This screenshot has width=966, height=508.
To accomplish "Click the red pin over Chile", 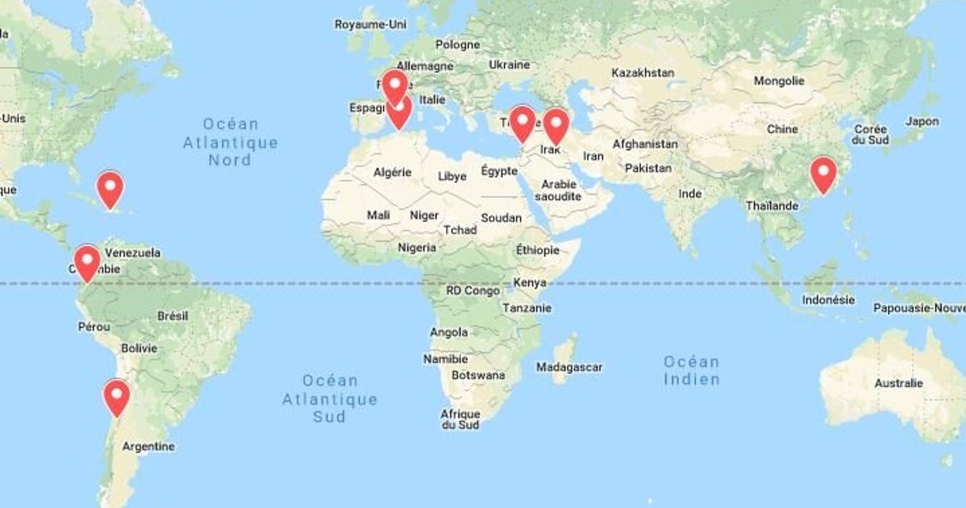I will point(117,394).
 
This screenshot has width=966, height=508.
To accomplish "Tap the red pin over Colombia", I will point(86,260).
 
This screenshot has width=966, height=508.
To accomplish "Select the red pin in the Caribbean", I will point(110,186).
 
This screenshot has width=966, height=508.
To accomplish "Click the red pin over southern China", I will point(823,172).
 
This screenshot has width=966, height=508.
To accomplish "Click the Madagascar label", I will point(569,367).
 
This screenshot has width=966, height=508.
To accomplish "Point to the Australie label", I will point(898,383).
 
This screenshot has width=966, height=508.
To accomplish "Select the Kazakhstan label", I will point(643,73).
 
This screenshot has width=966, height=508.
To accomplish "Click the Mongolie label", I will point(779,81).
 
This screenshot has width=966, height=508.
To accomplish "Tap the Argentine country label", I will point(148,446).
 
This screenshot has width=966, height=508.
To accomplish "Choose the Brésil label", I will point(173,316).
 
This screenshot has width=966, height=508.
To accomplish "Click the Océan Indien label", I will point(691,370).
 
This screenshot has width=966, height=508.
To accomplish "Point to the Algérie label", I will point(393,172).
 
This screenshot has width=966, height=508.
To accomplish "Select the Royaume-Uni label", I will point(371,24).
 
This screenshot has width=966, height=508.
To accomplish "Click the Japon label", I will point(922,121).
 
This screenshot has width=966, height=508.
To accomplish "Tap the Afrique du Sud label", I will point(460,419).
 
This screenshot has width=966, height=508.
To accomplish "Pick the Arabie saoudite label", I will point(557,189).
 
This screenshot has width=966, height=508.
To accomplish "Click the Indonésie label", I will point(828,300).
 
